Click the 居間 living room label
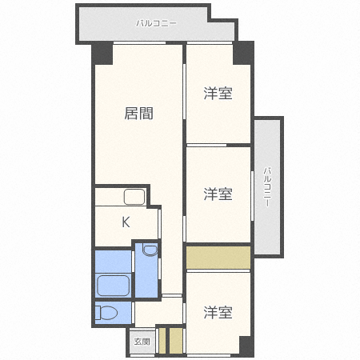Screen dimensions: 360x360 coord(138,114)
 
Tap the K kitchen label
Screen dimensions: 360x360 coord(126,222)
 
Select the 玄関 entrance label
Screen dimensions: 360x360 coord(141,342)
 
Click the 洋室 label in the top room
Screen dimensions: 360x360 coord(218,94)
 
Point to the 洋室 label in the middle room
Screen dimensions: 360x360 coord(218,194)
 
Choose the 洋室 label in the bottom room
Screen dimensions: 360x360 coord(218,312)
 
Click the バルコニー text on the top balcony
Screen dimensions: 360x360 coord(156,23)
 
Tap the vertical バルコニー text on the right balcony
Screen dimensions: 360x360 coord(267,186)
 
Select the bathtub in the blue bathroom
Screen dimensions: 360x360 coord(114,285)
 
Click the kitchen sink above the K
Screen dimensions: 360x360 coord(134,197)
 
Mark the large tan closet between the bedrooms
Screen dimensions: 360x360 coord(218,258)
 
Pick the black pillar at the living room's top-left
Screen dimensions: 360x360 coord(102,54)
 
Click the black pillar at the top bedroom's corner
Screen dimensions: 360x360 coord(242,54)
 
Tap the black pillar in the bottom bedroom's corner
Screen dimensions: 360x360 coord(246,346)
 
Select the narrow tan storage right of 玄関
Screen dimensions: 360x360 coord(162,339)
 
